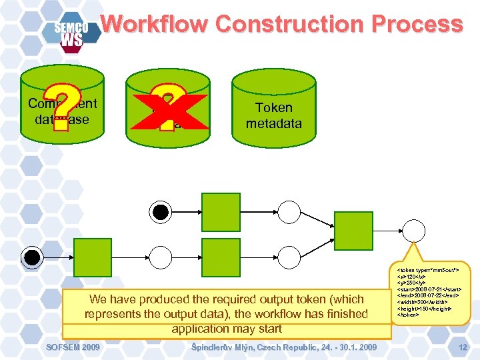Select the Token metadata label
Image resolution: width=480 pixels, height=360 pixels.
point(273,115)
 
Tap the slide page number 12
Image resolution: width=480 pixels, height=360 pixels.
point(462,347)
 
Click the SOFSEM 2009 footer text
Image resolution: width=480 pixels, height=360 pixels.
point(73,347)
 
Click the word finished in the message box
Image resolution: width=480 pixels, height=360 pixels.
point(343,313)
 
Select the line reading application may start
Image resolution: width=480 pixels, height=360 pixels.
point(227,329)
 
